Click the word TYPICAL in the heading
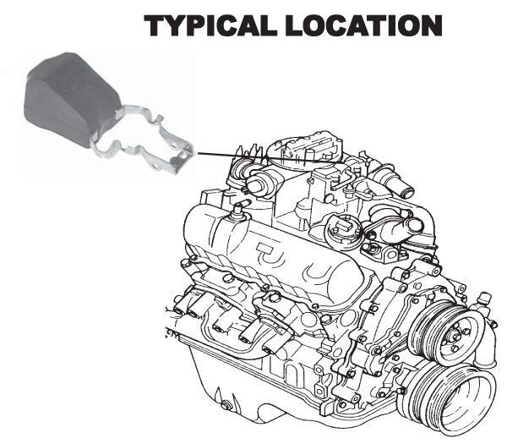tap(210, 25)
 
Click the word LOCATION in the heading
tap(363, 25)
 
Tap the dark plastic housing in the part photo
tap(71, 97)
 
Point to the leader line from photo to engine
tap(271, 158)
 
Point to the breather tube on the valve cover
tap(238, 210)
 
